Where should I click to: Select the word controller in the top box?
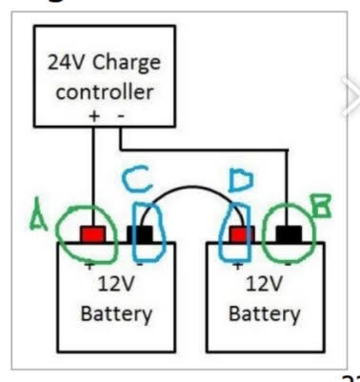[104, 93]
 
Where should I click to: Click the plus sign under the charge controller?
[93, 115]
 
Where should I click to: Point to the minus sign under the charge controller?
[121, 115]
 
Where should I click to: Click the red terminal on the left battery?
[94, 233]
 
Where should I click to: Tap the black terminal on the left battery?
[141, 233]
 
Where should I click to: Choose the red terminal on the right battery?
[238, 233]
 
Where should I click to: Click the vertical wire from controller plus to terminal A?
[93, 171]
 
